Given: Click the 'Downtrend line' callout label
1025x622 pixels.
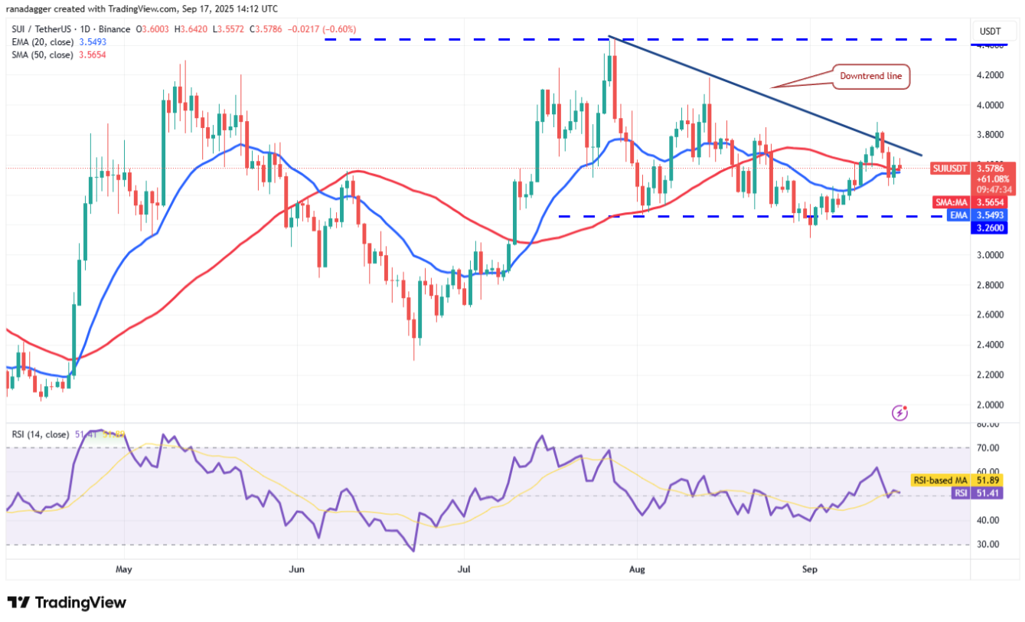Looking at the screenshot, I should coord(871,76).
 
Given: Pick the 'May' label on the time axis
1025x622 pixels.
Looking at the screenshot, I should coord(124,570).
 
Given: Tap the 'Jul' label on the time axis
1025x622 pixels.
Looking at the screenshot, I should coord(462,570).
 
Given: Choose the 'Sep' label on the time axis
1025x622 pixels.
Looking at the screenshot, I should coord(809,570).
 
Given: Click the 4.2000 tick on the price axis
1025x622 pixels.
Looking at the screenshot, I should coord(991,75).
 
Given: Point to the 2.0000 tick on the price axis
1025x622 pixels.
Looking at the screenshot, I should coord(991,404).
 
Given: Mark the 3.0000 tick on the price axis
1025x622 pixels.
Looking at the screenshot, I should coord(991,255).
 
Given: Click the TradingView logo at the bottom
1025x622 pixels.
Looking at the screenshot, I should coord(67,603).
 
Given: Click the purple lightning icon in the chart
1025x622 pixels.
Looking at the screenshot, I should coord(900,413).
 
